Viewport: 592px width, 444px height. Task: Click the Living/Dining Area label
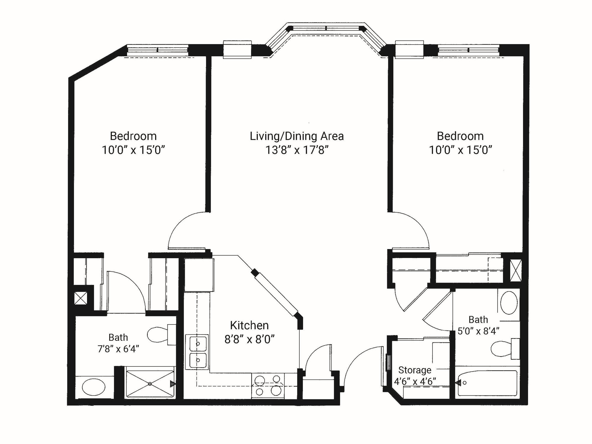click(x=297, y=136)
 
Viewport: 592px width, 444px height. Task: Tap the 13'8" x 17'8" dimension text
click(x=297, y=150)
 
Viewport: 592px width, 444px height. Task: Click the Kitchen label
click(x=249, y=325)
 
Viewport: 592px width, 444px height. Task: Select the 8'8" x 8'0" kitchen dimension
click(x=249, y=339)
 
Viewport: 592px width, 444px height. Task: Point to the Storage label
click(x=414, y=370)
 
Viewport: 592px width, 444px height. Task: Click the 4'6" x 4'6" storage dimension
click(x=415, y=382)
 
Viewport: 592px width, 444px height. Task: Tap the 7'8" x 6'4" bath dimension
click(x=118, y=349)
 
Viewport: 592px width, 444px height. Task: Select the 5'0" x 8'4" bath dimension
click(x=478, y=331)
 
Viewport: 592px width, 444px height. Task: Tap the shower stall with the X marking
click(x=150, y=384)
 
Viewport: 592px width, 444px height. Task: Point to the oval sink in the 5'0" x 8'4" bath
click(x=509, y=303)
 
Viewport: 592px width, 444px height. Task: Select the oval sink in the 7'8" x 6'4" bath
click(x=93, y=388)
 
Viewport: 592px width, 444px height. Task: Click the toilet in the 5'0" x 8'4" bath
click(x=503, y=349)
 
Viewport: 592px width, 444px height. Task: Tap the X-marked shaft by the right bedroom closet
click(x=516, y=270)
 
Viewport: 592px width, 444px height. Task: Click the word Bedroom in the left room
click(x=133, y=136)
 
